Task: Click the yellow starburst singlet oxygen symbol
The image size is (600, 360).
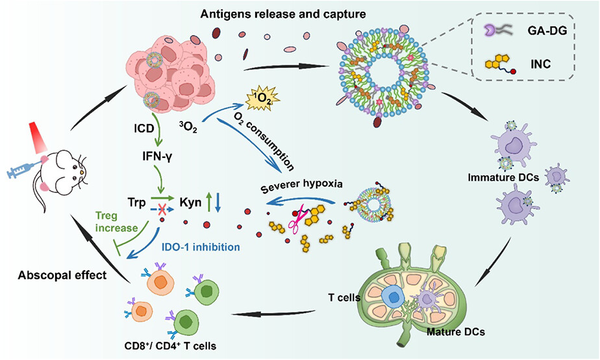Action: [x=260, y=99]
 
